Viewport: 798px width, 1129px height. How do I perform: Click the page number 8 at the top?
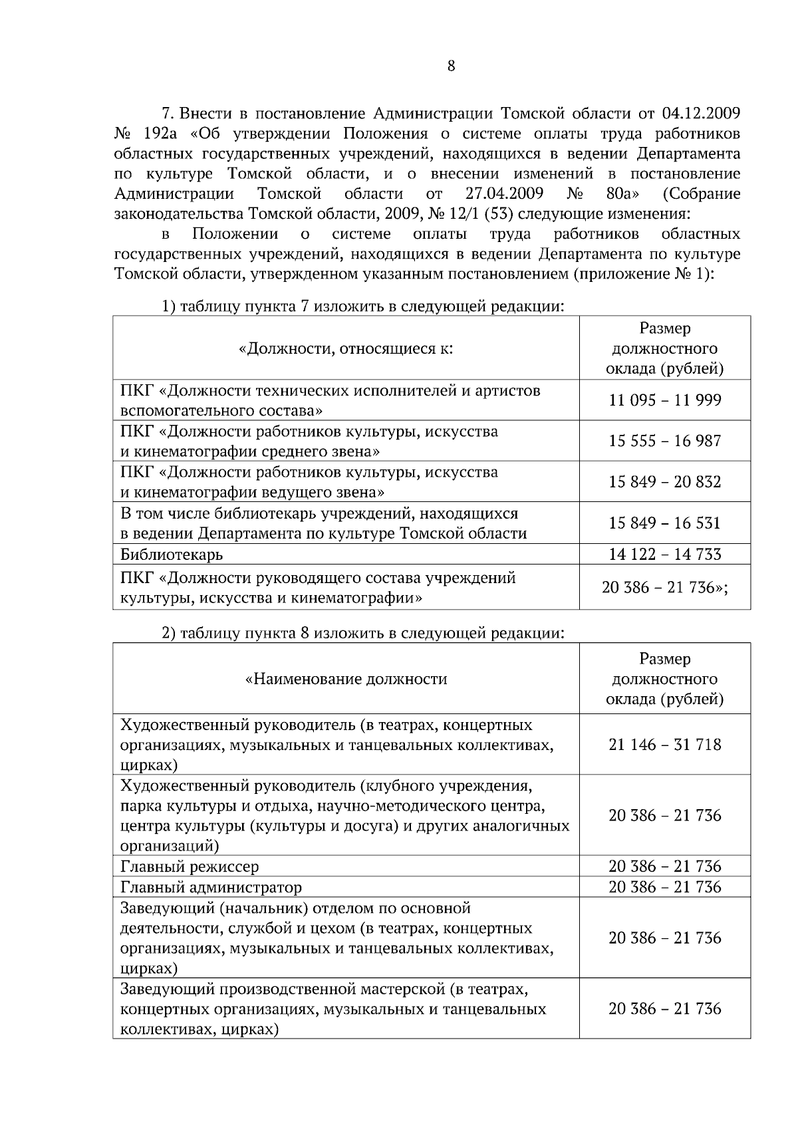(451, 66)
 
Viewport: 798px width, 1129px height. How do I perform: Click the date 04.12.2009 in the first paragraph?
(701, 112)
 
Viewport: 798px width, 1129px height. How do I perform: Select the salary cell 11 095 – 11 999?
(664, 400)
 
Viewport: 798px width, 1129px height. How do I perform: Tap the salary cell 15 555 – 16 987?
(664, 441)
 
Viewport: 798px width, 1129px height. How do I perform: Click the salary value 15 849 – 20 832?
(664, 481)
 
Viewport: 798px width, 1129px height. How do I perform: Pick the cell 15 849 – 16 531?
(664, 523)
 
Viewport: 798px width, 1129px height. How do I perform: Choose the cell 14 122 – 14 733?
(664, 554)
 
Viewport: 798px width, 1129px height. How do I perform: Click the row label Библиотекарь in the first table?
(172, 555)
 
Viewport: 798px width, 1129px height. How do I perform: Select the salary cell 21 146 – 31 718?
(664, 744)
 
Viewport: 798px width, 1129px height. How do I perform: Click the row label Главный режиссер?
(190, 867)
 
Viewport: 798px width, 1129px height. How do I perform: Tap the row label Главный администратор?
(211, 888)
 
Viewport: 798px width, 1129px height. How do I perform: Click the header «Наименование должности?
(346, 679)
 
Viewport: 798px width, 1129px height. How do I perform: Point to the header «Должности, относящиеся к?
(346, 348)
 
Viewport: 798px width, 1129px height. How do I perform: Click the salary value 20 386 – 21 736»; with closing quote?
(664, 587)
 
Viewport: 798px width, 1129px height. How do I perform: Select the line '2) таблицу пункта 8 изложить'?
(363, 633)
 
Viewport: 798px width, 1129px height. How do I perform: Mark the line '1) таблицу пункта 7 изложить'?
(363, 307)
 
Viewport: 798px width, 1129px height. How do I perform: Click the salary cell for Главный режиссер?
(664, 866)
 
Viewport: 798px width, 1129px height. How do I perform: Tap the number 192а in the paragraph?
(160, 133)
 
